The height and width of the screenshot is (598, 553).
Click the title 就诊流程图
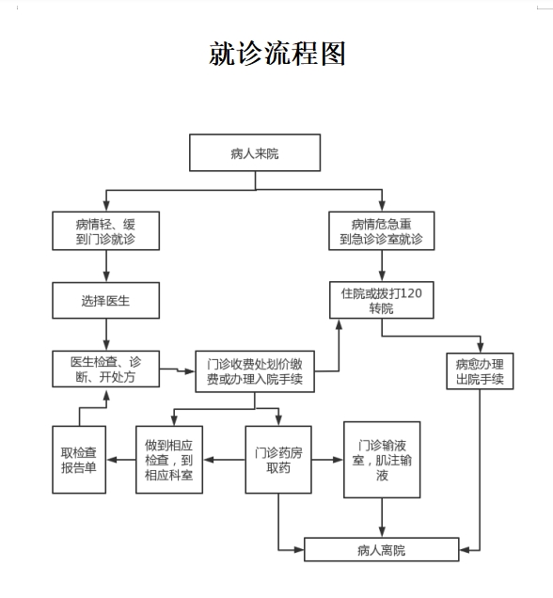tap(277, 54)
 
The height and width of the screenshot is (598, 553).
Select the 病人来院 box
tap(255, 152)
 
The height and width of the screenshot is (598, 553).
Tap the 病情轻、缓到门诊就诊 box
tap(106, 230)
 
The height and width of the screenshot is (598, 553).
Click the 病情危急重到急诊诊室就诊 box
tap(382, 230)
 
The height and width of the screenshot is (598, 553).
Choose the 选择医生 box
tap(106, 301)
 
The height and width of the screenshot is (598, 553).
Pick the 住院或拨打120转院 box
tap(382, 300)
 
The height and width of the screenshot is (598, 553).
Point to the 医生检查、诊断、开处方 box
tap(106, 369)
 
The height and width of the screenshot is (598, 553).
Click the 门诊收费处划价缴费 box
tap(255, 371)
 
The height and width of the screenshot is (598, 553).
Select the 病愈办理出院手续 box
tap(480, 371)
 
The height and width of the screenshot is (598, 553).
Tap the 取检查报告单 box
tap(79, 460)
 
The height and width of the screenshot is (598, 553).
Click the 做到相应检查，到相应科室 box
tap(169, 460)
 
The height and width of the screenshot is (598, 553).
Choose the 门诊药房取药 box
tap(278, 460)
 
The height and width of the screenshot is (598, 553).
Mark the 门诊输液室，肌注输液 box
tap(382, 460)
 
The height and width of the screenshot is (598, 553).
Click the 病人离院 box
tap(382, 549)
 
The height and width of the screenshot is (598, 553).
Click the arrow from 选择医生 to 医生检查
tap(106, 335)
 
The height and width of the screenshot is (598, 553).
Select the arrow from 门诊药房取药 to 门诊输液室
tap(327, 460)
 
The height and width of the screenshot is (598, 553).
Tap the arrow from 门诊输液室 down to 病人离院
tap(382, 517)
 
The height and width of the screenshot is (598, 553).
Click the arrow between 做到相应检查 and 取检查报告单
tap(121, 460)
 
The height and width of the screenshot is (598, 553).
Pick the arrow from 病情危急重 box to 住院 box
tap(382, 266)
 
